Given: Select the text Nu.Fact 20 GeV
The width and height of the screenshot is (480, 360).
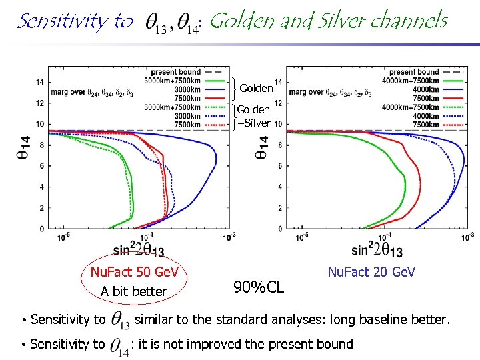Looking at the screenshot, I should pyautogui.click(x=371, y=271).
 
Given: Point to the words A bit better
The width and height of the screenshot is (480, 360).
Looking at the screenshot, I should pyautogui.click(x=133, y=291).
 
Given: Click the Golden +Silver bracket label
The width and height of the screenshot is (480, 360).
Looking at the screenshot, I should pyautogui.click(x=254, y=115).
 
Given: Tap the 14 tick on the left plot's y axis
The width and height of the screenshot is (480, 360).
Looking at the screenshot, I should pyautogui.click(x=41, y=82).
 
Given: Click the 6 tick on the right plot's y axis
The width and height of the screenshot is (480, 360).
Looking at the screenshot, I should pyautogui.click(x=278, y=166).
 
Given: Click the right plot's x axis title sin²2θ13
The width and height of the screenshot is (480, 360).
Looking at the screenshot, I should pyautogui.click(x=377, y=251).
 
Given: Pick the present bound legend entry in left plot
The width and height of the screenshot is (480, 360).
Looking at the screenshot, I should pyautogui.click(x=175, y=72).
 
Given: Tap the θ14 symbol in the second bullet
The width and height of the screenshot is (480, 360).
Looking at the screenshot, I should pyautogui.click(x=119, y=345).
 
